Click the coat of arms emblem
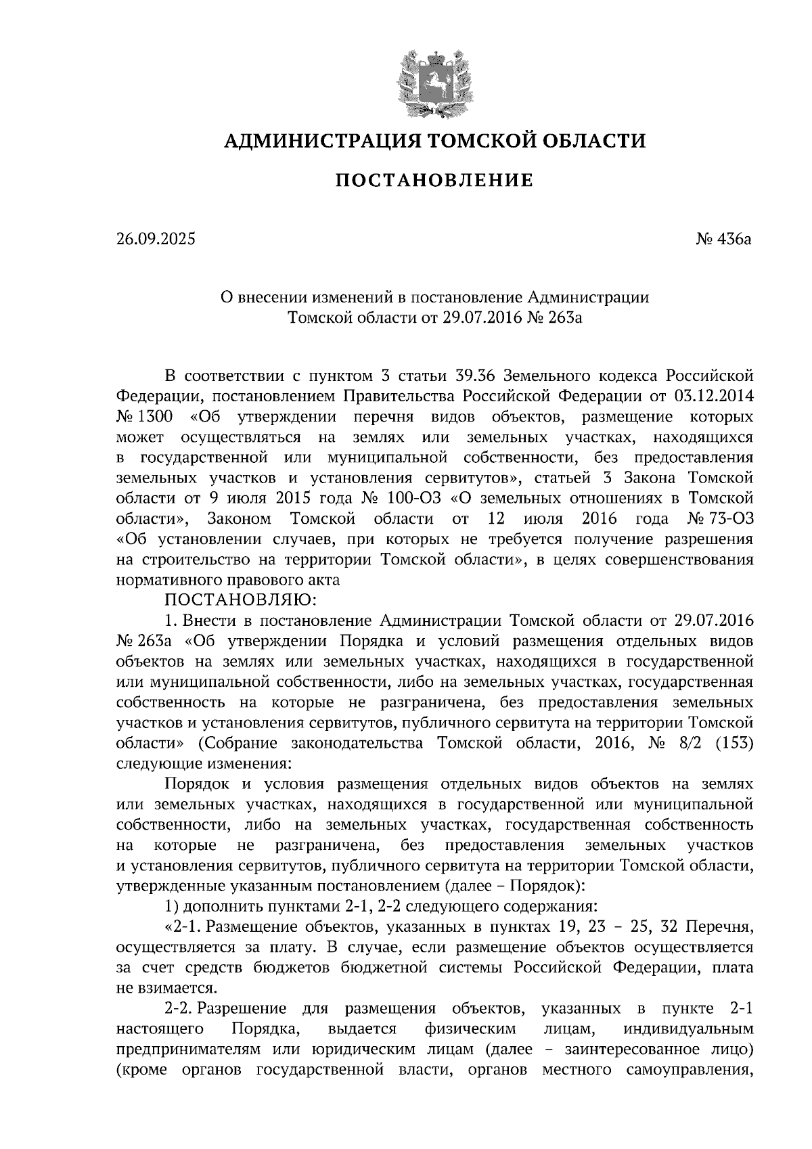[x=434, y=81]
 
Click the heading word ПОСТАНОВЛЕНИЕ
[x=434, y=181]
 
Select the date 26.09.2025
[x=155, y=239]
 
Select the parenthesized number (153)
[x=734, y=744]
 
